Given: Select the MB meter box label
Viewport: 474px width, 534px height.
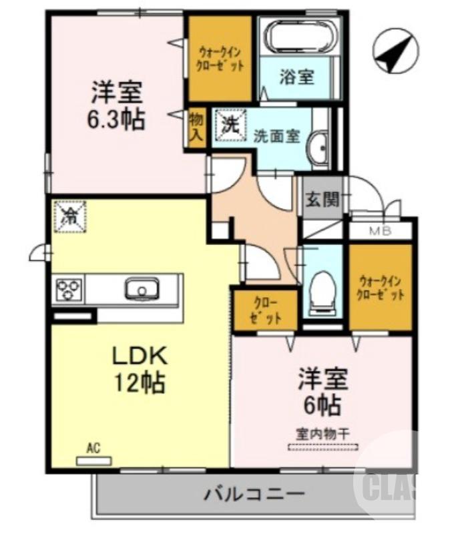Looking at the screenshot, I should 381,231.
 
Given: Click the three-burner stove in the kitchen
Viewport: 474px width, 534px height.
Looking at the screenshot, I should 69,290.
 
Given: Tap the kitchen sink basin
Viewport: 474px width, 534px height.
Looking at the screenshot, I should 142,290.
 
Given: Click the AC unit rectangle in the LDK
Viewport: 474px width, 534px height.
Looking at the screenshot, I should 94,461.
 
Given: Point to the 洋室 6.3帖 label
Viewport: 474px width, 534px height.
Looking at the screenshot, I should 116,105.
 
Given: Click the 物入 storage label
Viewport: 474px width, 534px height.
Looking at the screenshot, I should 196,126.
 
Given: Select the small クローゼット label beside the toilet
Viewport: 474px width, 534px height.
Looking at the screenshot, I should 265,309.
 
